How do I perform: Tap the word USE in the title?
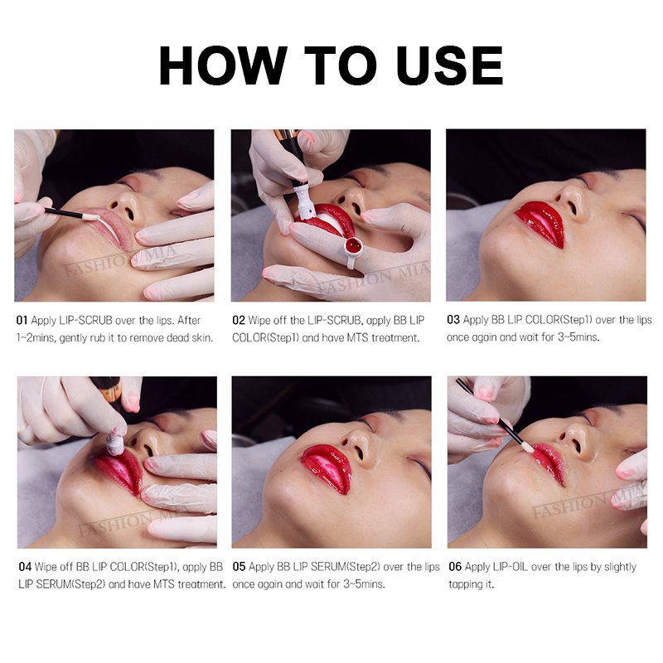pos(449,65)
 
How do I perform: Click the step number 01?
pos(22,321)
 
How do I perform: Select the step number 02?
pos(239,321)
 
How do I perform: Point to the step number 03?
pos(453,320)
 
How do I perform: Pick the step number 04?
pos(25,567)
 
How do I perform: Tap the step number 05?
pos(239,567)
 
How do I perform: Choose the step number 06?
pos(455,567)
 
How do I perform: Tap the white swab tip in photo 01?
pos(91,217)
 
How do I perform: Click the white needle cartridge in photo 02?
pos(304,200)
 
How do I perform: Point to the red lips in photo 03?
pos(541,224)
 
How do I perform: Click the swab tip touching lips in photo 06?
pos(527,446)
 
